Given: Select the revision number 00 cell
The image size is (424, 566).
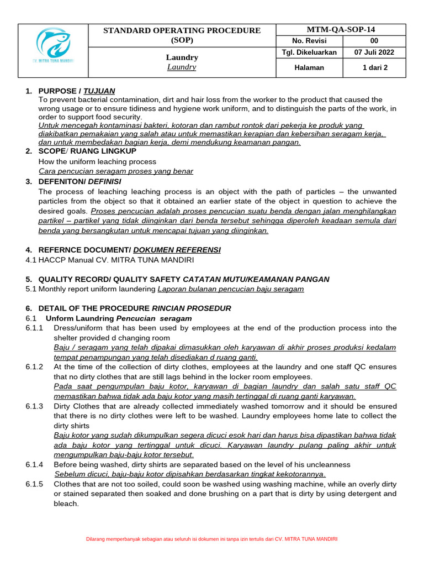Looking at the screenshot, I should click(x=374, y=41).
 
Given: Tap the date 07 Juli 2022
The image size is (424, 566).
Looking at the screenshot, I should click(x=374, y=53).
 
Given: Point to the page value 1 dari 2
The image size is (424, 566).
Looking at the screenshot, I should click(x=374, y=67).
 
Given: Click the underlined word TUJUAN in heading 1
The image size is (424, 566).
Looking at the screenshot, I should click(x=99, y=91).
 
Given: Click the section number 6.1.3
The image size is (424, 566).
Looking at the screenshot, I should click(x=34, y=406).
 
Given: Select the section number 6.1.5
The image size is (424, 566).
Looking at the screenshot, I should click(x=34, y=484).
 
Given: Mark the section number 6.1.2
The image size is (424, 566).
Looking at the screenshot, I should click(x=34, y=367).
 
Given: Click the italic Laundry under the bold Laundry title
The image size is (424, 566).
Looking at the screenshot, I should click(x=182, y=67).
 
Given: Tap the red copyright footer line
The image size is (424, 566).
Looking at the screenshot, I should click(x=212, y=539).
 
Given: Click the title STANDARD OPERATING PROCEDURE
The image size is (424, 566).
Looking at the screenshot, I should click(x=182, y=30).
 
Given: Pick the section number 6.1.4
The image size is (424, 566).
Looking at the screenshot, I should click(x=34, y=464).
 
